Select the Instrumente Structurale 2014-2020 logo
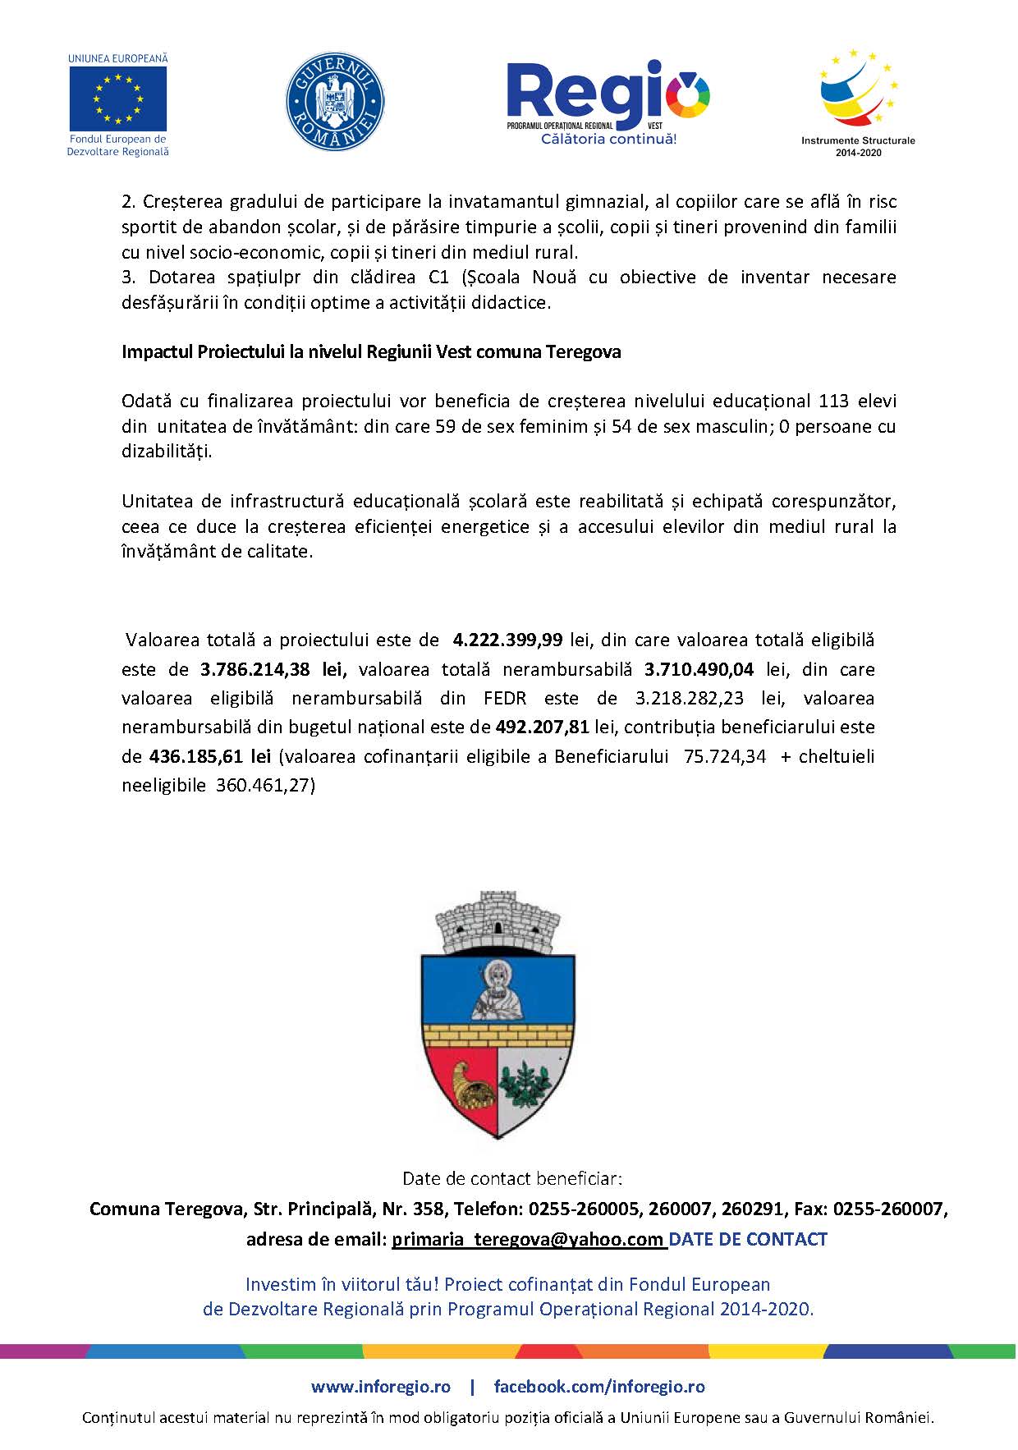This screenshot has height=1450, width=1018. pyautogui.click(x=858, y=99)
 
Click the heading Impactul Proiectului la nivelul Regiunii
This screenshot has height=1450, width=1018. pyautogui.click(x=371, y=352)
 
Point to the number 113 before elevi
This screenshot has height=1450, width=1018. pyautogui.click(x=833, y=402)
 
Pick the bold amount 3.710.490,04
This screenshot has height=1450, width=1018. pyautogui.click(x=699, y=669)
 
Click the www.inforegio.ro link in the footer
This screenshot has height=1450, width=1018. pyautogui.click(x=380, y=1387)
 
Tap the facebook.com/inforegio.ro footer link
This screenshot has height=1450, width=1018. pyautogui.click(x=598, y=1387)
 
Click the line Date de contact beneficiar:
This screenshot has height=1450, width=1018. pyautogui.click(x=512, y=1179)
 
